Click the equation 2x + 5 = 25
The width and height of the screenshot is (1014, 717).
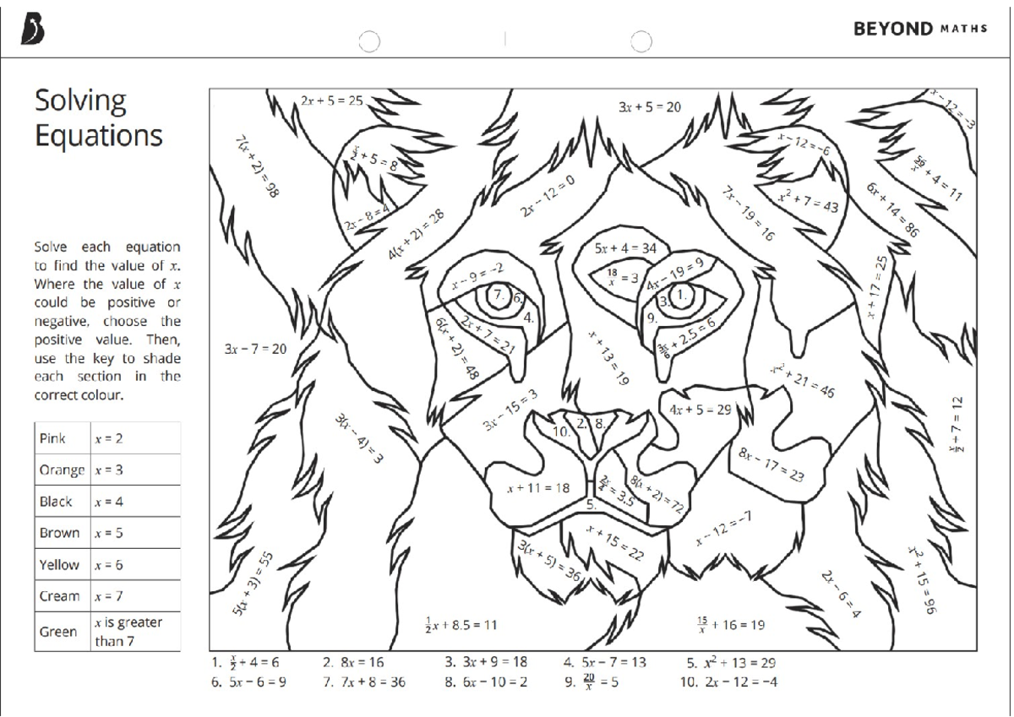[331, 101]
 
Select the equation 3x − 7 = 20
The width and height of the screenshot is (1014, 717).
[255, 348]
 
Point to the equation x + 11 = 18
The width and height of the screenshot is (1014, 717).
[538, 487]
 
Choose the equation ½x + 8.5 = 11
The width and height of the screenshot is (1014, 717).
[461, 626]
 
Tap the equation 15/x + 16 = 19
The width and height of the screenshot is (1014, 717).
[731, 625]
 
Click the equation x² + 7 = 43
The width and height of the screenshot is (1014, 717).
[808, 201]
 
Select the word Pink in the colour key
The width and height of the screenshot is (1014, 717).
[53, 439]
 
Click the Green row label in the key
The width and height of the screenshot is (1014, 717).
[58, 631]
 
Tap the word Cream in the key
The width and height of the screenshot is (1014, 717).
[58, 596]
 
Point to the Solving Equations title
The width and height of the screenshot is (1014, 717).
[98, 117]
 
